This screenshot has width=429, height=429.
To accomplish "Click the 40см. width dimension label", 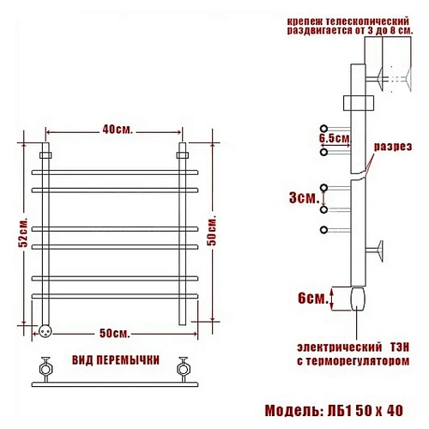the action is click(118, 130).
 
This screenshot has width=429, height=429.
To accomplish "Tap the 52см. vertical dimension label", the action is click(23, 233).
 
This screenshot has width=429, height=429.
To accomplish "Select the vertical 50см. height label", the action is click(212, 230).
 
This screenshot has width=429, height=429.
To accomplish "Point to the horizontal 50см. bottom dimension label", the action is click(115, 333).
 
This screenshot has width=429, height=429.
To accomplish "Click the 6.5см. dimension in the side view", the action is click(335, 138).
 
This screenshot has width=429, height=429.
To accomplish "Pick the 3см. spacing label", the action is click(304, 197).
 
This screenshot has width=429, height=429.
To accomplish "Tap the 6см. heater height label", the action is click(312, 299).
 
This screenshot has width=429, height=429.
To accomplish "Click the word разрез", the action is click(393, 147).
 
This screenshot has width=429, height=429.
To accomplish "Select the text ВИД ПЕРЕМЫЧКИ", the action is click(116, 360).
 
